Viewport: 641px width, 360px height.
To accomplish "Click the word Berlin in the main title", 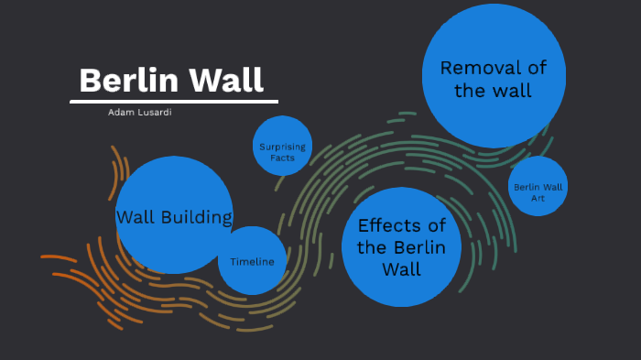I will click(129, 81).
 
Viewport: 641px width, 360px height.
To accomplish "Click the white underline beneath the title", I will click(173, 101).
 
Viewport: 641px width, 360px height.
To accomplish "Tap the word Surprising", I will click(282, 147).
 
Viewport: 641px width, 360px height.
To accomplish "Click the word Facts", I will click(282, 158).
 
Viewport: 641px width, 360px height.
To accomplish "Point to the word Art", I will click(538, 198).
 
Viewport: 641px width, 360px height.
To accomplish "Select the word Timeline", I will click(252, 262).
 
